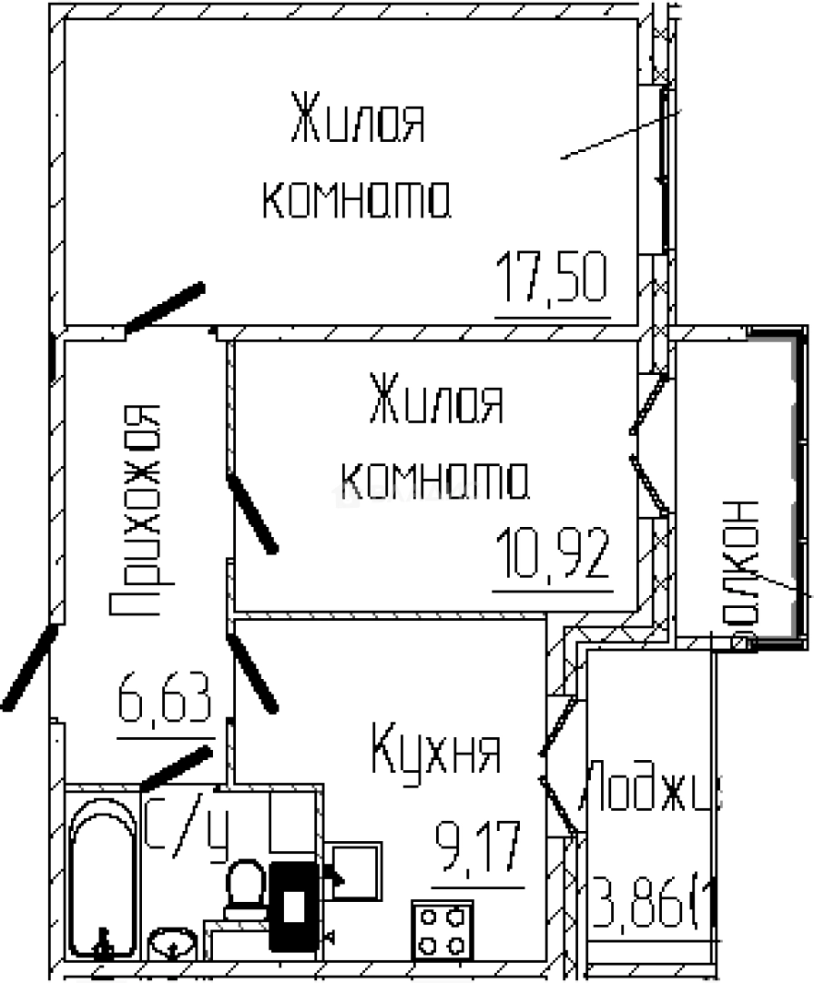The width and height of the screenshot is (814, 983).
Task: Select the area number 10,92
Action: tap(551, 554)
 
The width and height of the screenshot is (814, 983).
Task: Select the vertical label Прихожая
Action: tap(136, 510)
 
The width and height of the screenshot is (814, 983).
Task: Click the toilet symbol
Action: tap(245, 888)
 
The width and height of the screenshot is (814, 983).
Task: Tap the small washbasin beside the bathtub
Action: tap(173, 943)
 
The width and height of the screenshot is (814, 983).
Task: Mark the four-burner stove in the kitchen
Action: tap(443, 927)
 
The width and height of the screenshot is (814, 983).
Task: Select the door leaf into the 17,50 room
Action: tap(165, 307)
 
